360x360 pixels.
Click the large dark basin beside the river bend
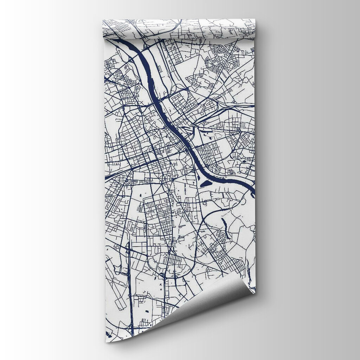click(206, 184)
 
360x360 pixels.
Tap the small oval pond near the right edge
click(244, 161)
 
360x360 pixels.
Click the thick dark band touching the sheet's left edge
click(108, 175)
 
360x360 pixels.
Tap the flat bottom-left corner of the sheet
click(107, 340)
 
